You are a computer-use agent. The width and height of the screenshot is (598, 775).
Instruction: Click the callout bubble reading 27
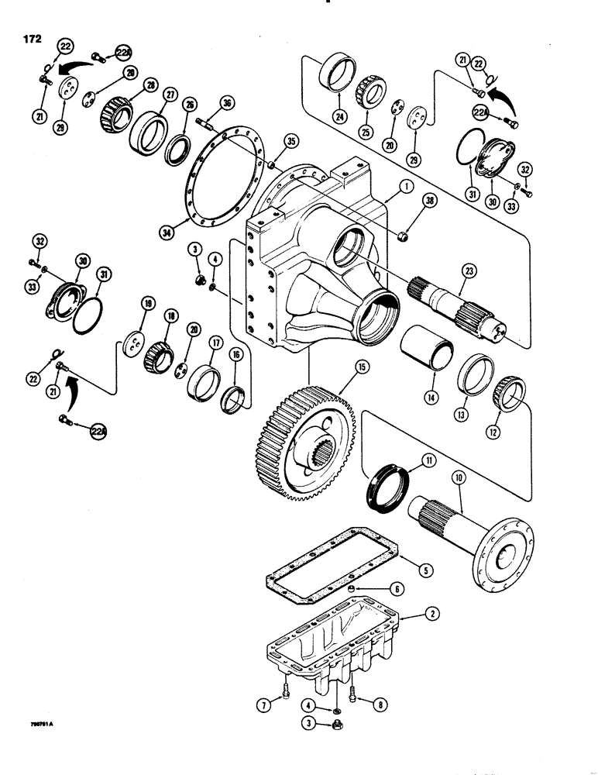(x=170, y=95)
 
